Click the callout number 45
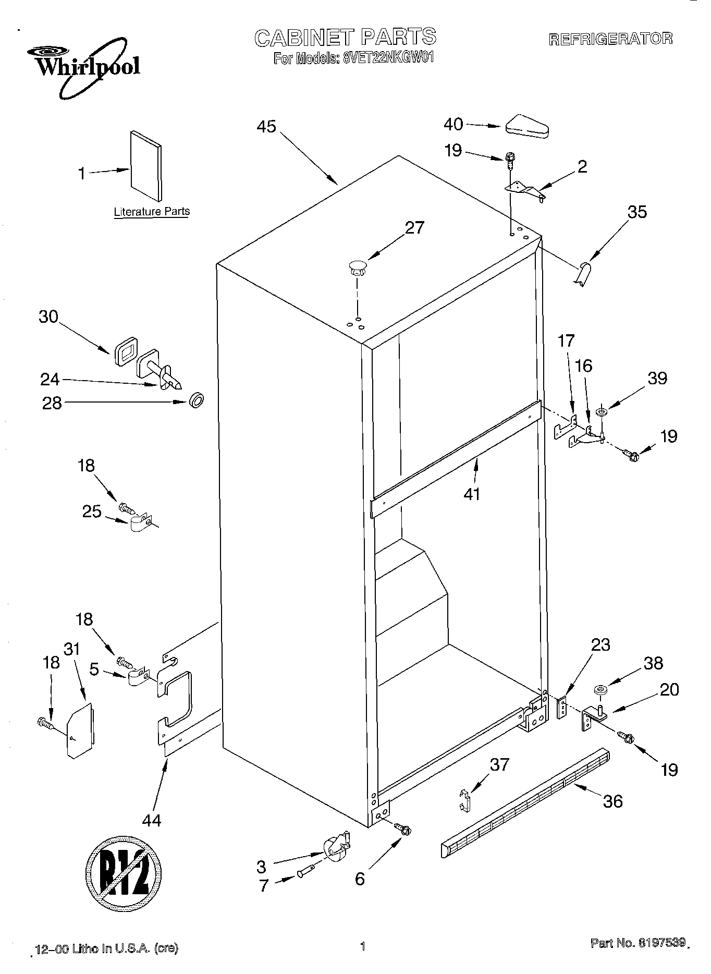pyautogui.click(x=266, y=127)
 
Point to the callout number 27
pyautogui.click(x=414, y=228)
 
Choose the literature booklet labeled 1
pyautogui.click(x=145, y=166)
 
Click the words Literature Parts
pyautogui.click(x=152, y=212)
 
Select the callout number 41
pyautogui.click(x=472, y=493)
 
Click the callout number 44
pyautogui.click(x=152, y=820)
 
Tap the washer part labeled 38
pyautogui.click(x=599, y=691)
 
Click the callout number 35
pyautogui.click(x=636, y=212)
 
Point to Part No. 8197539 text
pyautogui.click(x=637, y=943)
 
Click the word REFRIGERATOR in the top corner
pyautogui.click(x=610, y=39)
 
